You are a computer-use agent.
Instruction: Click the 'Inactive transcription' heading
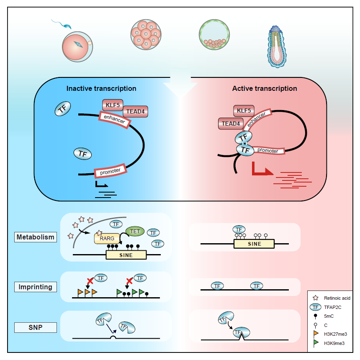[101, 89]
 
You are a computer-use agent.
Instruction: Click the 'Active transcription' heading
[265, 89]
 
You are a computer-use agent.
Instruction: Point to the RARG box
[107, 239]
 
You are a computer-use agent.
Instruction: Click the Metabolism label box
[36, 237]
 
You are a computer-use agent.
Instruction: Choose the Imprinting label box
[36, 287]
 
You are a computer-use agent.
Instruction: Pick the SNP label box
[36, 327]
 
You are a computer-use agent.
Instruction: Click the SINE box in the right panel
[254, 244]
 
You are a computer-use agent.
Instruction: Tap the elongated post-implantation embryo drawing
[278, 46]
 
